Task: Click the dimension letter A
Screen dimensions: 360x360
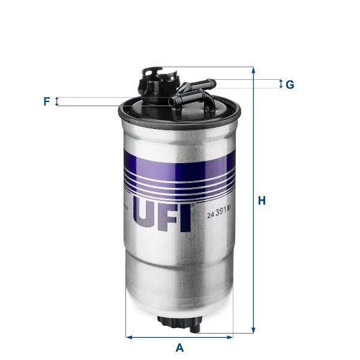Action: click(x=179, y=347)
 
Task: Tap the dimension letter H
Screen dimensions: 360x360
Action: click(x=262, y=201)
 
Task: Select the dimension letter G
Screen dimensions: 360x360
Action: click(x=290, y=85)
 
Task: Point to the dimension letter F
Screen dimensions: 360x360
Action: click(x=46, y=101)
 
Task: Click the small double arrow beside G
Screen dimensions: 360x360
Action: click(x=280, y=84)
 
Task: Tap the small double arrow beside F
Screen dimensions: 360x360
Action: click(x=57, y=101)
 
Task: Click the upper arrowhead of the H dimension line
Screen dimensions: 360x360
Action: click(x=254, y=70)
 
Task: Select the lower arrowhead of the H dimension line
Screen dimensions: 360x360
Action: click(x=254, y=329)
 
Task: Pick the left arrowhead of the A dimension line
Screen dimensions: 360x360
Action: click(x=129, y=337)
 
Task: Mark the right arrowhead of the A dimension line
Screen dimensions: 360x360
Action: click(x=229, y=337)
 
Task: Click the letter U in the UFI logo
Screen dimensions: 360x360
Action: click(x=146, y=218)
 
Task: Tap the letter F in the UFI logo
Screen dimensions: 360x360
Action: click(x=170, y=218)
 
